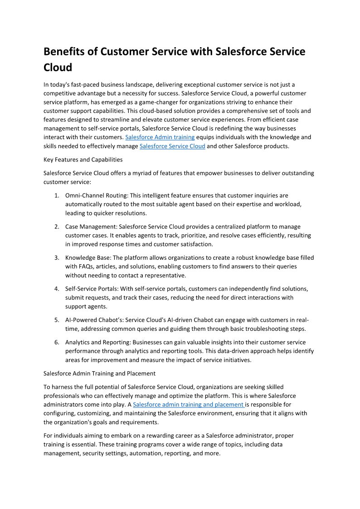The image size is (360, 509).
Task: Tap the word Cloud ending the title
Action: (58, 68)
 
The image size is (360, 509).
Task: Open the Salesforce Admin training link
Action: (160, 137)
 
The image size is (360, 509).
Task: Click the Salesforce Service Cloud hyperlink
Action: (172, 146)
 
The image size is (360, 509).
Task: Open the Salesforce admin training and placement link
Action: (189, 404)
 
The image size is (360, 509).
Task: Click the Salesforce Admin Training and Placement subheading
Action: (99, 373)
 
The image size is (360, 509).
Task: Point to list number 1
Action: (57, 196)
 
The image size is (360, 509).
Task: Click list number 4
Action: (57, 289)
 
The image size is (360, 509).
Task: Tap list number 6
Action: (57, 342)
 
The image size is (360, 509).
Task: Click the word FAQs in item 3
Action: (88, 267)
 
